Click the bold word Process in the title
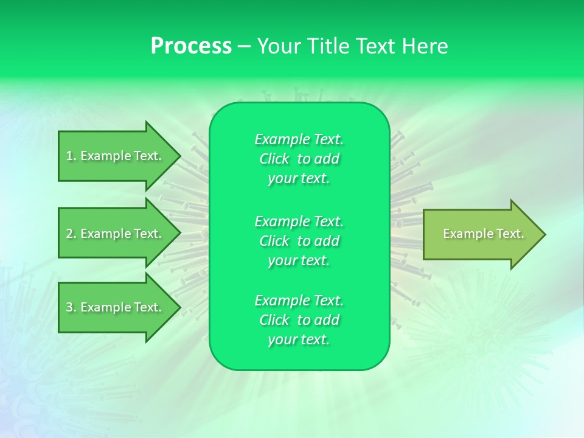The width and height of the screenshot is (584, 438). [191, 46]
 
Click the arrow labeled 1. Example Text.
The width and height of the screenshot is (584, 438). [116, 156]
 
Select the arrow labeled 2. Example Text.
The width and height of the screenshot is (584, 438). [116, 234]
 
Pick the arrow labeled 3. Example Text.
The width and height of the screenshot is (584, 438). [116, 307]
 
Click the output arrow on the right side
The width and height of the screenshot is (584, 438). [481, 234]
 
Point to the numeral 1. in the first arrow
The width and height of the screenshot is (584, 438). [71, 156]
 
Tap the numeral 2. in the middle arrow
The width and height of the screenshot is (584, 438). [71, 234]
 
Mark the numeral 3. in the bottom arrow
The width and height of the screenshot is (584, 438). [71, 307]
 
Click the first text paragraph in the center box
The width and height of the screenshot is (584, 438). [299, 159]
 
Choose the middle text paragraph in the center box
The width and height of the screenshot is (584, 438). [299, 241]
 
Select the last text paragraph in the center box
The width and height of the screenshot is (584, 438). [299, 320]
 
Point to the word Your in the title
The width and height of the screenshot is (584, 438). [278, 46]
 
